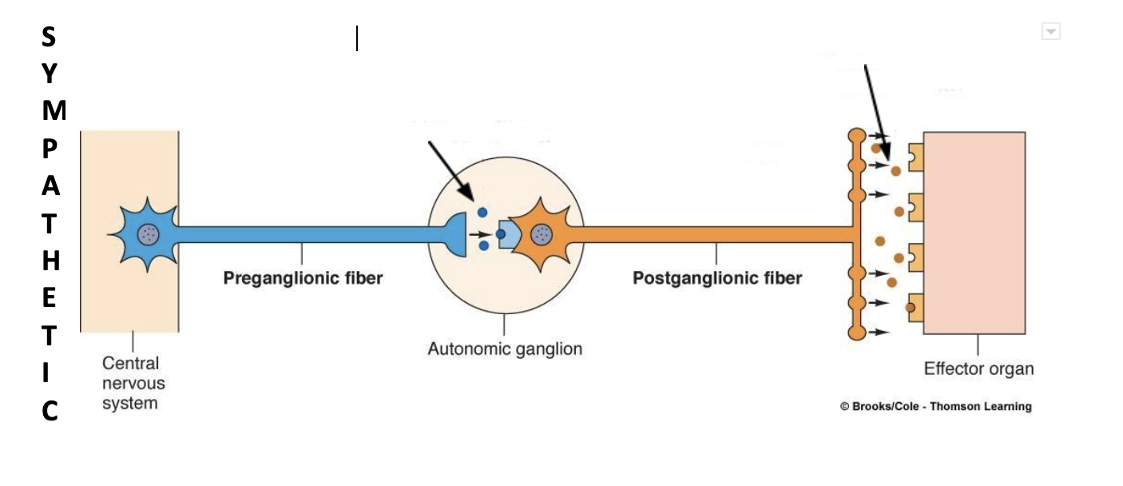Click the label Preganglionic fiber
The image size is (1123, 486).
point(303,278)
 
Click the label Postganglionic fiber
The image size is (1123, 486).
point(716,278)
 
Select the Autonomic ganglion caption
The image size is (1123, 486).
point(505,349)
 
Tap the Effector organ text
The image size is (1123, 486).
point(978,369)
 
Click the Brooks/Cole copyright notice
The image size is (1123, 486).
point(935,406)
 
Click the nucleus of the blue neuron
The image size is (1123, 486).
point(148,233)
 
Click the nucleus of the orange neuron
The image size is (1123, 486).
point(542,233)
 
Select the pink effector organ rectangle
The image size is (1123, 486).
point(974,232)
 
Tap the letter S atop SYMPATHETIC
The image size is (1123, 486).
point(50,37)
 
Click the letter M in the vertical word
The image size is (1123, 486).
point(54,111)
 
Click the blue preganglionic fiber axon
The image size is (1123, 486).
point(304,234)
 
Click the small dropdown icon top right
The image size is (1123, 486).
point(1051,32)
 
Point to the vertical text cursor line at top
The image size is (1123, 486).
point(357,38)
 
